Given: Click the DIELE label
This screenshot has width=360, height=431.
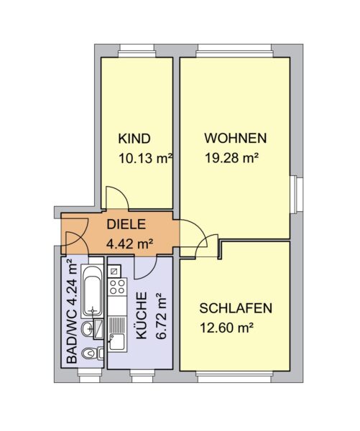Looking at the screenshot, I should click(126, 226).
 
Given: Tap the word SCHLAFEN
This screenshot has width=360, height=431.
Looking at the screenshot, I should click(236, 310).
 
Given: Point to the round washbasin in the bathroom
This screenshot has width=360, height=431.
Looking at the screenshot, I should click(88, 329).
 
